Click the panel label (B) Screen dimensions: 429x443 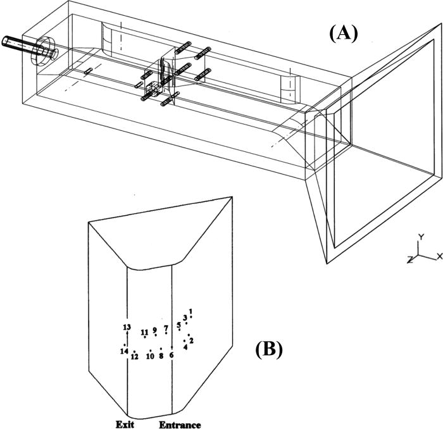click(269, 349)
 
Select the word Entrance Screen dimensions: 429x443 click(179, 425)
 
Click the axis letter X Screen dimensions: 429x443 click(439, 256)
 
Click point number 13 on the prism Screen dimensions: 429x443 click(127, 327)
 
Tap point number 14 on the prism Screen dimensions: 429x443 click(125, 351)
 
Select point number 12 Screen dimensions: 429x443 click(134, 356)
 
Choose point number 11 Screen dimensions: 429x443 click(144, 332)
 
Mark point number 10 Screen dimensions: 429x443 click(150, 356)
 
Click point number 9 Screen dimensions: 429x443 click(154, 330)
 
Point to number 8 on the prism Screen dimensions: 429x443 click(161, 355)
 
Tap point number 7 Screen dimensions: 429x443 click(166, 328)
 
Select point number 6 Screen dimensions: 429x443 click(172, 354)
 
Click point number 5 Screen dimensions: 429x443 click(179, 325)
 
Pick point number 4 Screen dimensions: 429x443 click(185, 346)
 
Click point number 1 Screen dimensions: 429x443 click(190, 311)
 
